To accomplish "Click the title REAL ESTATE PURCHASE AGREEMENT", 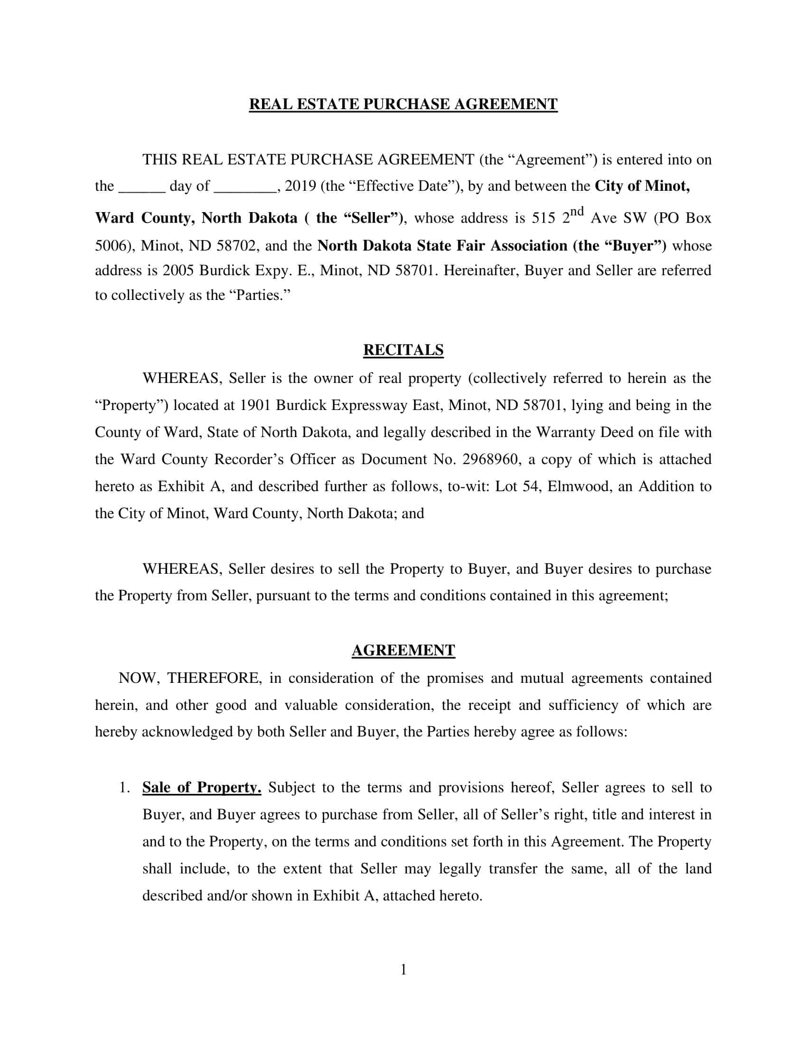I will click(x=403, y=104).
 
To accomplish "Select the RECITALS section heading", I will click(x=403, y=350).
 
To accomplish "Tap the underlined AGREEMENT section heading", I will click(x=403, y=651).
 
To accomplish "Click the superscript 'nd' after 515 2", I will click(x=577, y=211).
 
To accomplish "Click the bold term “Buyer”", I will click(x=635, y=246).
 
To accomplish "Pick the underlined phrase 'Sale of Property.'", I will click(x=202, y=787).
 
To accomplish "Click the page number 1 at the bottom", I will click(x=403, y=969).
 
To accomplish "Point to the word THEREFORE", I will click(x=214, y=678).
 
